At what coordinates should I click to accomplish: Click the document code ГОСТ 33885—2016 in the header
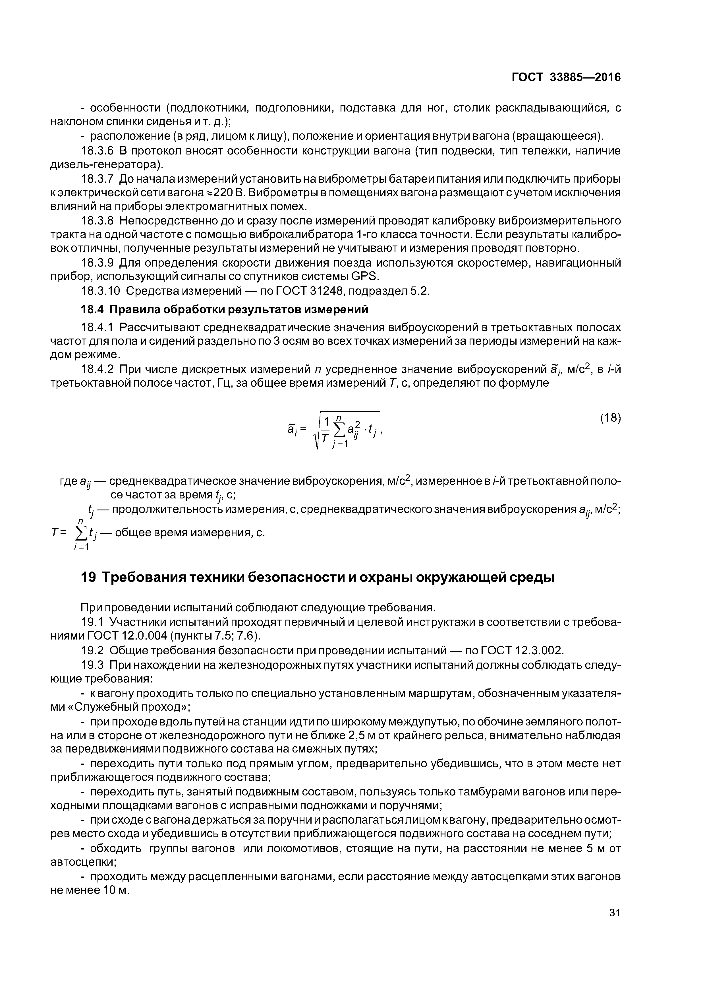[x=566, y=77]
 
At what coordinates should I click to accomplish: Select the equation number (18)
[x=610, y=418]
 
